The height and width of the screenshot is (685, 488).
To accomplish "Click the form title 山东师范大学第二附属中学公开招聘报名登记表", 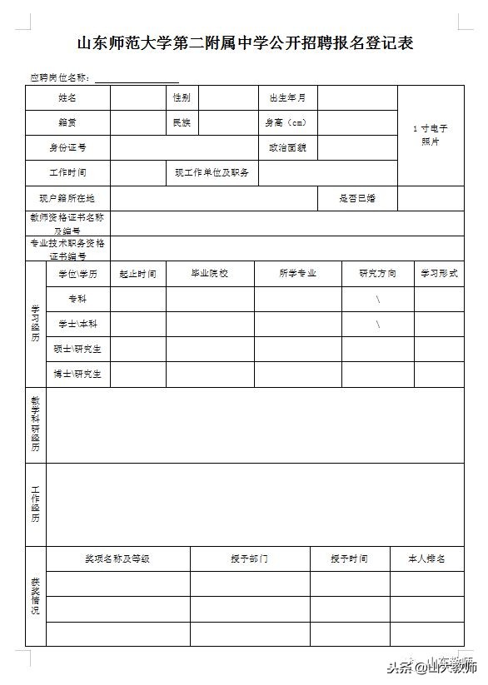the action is [x=245, y=42].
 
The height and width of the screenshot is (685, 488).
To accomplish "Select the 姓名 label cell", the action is [x=67, y=97].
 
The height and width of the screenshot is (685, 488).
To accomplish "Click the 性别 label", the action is [x=181, y=97].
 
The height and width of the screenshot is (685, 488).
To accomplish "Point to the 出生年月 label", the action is [x=286, y=97].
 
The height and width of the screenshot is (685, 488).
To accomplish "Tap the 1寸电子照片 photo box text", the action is [x=431, y=135].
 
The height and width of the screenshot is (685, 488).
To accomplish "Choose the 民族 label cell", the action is [x=181, y=122].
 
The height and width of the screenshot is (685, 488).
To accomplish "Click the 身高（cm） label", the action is [x=286, y=122].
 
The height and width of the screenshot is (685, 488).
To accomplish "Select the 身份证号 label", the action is [x=67, y=147].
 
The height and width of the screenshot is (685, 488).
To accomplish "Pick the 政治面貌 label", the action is [x=286, y=147].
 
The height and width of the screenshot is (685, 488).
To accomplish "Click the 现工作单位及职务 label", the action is [x=212, y=173].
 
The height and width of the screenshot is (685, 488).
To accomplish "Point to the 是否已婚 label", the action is [x=357, y=198].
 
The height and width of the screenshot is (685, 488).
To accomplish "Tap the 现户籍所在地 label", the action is [x=67, y=198].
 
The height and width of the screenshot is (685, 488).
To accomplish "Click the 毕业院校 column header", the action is [x=210, y=273].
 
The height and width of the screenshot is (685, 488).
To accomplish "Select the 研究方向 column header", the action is [x=377, y=273].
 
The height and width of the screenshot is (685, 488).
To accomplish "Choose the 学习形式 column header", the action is [x=439, y=273].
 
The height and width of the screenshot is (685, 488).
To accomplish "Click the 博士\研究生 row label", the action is [x=77, y=374].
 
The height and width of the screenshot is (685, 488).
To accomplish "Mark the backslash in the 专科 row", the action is [x=377, y=299].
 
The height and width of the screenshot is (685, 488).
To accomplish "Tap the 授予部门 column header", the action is [x=250, y=558].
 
